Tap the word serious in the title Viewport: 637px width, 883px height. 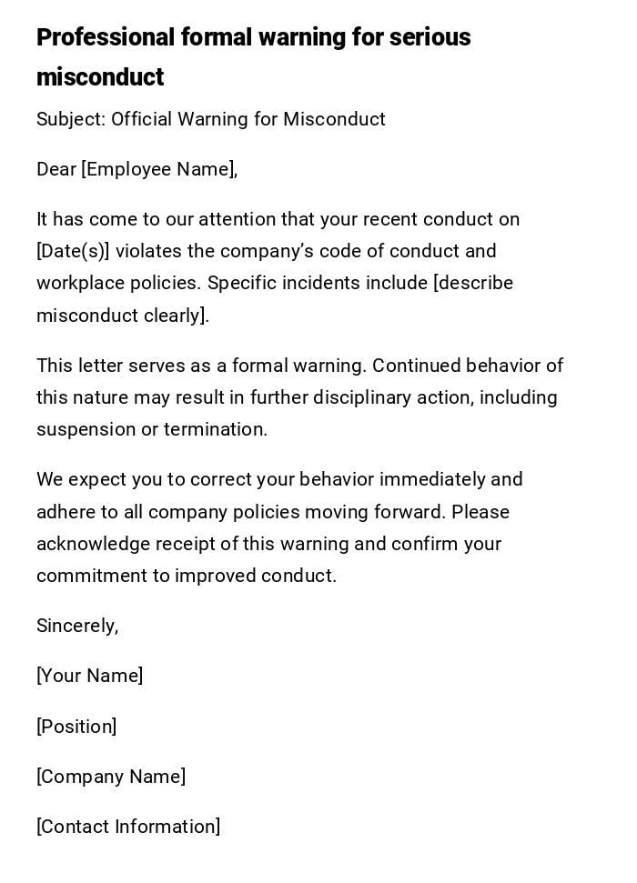click(430, 37)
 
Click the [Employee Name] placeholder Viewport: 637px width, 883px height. click(158, 169)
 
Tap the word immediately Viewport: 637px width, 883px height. click(432, 479)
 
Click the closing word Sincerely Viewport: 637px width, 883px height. click(76, 626)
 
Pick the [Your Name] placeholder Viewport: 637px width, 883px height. click(89, 676)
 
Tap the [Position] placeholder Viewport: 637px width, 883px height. click(76, 727)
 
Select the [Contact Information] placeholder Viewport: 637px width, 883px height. click(128, 827)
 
